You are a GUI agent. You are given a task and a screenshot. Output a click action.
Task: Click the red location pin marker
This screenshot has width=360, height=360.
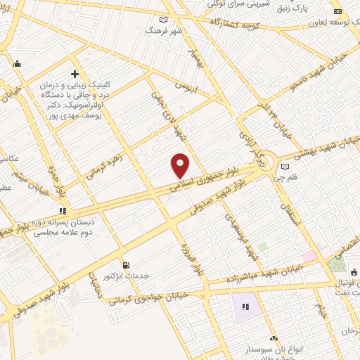pyautogui.click(x=181, y=165)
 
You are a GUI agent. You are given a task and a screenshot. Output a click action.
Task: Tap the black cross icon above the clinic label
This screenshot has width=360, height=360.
pyautogui.click(x=75, y=74)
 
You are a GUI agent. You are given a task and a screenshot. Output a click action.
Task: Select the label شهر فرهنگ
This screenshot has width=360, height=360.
pyautogui.click(x=163, y=30)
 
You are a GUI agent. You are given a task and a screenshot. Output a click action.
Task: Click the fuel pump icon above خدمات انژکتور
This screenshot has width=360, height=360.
pyautogui.click(x=126, y=265)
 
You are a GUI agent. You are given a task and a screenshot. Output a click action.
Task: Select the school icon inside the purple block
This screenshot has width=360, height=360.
pyautogui.click(x=246, y=307)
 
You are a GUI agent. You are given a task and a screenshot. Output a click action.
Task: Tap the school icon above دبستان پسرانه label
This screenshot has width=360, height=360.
pyautogui.click(x=63, y=210)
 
